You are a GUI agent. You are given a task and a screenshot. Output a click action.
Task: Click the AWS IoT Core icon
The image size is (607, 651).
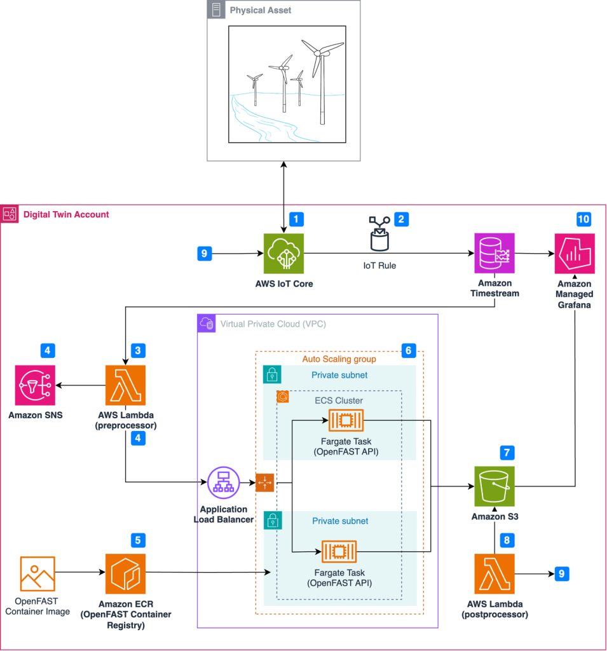click(283, 254)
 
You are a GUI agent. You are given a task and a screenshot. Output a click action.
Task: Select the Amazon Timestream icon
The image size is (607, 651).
click(494, 254)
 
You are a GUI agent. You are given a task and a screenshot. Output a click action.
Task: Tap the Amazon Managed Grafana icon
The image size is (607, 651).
click(575, 254)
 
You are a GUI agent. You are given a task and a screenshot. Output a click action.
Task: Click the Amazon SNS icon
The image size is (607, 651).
click(36, 385)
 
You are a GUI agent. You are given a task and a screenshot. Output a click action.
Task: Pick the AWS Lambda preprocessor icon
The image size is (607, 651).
click(125, 385)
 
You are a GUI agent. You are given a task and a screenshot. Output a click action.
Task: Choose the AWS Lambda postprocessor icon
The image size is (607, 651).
click(494, 574)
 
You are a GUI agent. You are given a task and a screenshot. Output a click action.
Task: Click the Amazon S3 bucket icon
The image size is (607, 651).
click(494, 486)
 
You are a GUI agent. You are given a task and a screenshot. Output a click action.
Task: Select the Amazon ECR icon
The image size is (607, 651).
click(125, 574)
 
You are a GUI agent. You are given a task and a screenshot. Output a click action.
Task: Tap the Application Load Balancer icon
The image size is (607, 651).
click(223, 484)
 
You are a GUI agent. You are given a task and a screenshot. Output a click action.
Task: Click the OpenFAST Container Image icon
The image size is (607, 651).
click(38, 574)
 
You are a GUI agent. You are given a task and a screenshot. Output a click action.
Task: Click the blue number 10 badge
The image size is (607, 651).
click(583, 219)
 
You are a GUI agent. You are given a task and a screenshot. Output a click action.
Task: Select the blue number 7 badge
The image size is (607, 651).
click(506, 453)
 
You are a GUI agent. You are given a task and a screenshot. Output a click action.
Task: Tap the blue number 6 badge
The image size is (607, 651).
click(409, 350)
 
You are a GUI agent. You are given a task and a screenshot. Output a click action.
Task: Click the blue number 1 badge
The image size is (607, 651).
click(296, 219)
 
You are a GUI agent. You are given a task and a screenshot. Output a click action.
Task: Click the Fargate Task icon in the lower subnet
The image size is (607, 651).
click(339, 552)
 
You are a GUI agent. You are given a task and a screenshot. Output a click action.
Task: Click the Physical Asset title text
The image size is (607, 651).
click(261, 11)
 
